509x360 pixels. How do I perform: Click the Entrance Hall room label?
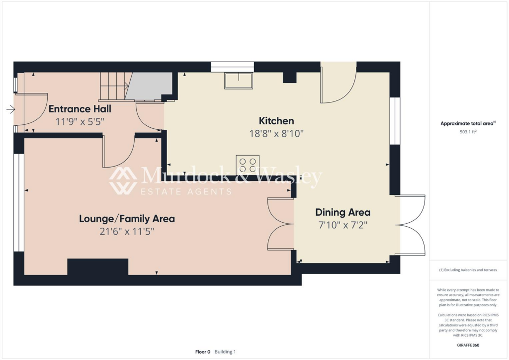(80, 109)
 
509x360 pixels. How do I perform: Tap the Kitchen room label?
(276, 121)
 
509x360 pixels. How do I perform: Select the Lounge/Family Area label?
(127, 218)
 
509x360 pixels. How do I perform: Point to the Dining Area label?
(343, 212)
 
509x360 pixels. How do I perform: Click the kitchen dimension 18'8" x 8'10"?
(276, 133)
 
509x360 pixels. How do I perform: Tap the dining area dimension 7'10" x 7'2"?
(343, 225)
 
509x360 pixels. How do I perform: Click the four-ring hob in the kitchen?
(248, 165)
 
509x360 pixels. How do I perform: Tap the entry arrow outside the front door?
(10, 109)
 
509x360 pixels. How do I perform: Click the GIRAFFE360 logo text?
(469, 345)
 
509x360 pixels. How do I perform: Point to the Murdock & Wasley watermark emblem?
(123, 180)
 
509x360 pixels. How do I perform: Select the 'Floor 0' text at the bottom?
(202, 352)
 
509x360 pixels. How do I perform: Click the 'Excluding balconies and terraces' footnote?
(468, 270)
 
